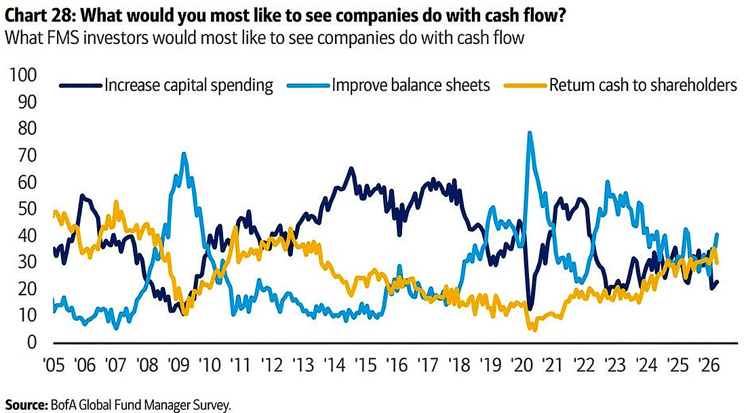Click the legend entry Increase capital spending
tap(188, 85)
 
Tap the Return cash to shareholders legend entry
tap(642, 85)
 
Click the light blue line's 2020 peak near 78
tap(529, 133)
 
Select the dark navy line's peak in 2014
tap(351, 168)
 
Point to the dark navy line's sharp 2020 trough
tap(530, 309)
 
